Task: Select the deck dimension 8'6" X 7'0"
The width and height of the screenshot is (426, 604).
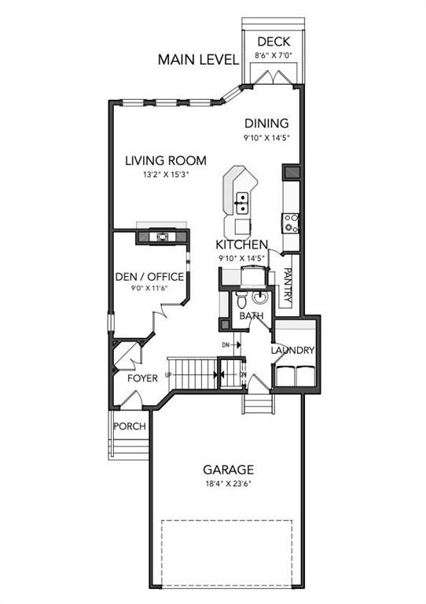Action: tap(273, 56)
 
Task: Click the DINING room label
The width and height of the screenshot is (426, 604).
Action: tap(266, 123)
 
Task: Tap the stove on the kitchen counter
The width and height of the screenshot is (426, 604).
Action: tap(292, 223)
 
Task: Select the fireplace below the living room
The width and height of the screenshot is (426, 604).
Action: tap(162, 235)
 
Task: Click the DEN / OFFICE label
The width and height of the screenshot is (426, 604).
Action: tap(149, 277)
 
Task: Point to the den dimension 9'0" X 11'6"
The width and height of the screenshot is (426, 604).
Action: tap(149, 289)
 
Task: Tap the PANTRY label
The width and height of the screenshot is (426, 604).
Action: tap(288, 286)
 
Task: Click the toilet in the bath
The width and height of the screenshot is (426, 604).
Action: tap(244, 300)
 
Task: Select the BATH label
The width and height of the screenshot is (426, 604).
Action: tap(252, 316)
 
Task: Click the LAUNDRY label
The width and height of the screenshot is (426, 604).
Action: tap(293, 351)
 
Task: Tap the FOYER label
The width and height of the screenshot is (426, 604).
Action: tap(142, 378)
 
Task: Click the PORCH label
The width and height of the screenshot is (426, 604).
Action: tap(130, 426)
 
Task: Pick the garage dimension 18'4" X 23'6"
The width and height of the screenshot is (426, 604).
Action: tap(226, 484)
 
